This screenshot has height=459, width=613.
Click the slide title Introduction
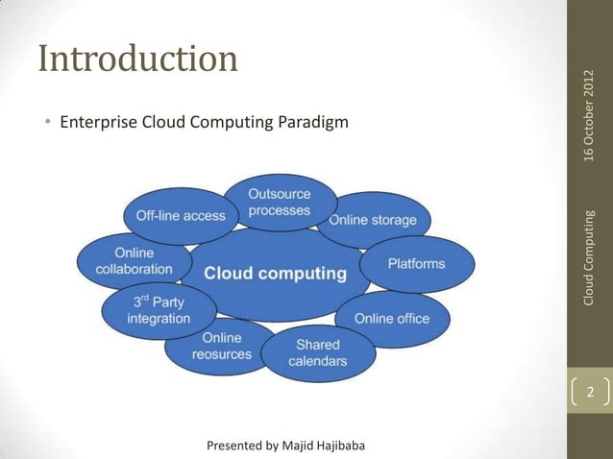click(x=137, y=60)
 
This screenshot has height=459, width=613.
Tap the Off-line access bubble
click(x=180, y=216)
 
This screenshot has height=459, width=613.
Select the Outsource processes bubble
click(x=280, y=202)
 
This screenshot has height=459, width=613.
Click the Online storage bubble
click(x=373, y=220)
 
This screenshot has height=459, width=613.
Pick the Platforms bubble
click(x=416, y=263)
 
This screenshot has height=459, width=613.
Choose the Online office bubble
click(x=391, y=318)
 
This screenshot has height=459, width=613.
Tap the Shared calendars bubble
click(x=317, y=352)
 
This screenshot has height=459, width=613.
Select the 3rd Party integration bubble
click(x=159, y=310)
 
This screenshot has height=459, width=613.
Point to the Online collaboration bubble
click(x=134, y=261)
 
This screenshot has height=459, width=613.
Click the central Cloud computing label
click(x=275, y=274)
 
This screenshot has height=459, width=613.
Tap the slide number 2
click(x=590, y=393)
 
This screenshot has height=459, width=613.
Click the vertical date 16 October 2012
click(x=590, y=116)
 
